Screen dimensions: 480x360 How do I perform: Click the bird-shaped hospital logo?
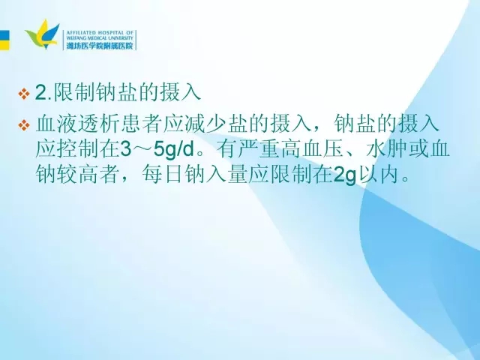tap(43, 34)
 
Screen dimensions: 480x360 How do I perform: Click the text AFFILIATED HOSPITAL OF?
tap(100, 32)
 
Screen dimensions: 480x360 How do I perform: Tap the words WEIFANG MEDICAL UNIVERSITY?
tap(100, 38)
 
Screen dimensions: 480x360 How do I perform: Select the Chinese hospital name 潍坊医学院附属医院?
tap(100, 46)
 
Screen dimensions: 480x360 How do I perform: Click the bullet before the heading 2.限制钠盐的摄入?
tap(24, 94)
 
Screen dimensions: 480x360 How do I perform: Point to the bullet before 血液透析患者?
tap(24, 125)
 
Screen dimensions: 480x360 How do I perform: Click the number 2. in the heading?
tap(44, 92)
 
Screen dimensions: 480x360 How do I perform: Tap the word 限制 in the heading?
tap(74, 92)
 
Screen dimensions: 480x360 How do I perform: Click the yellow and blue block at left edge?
tap(4, 40)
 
